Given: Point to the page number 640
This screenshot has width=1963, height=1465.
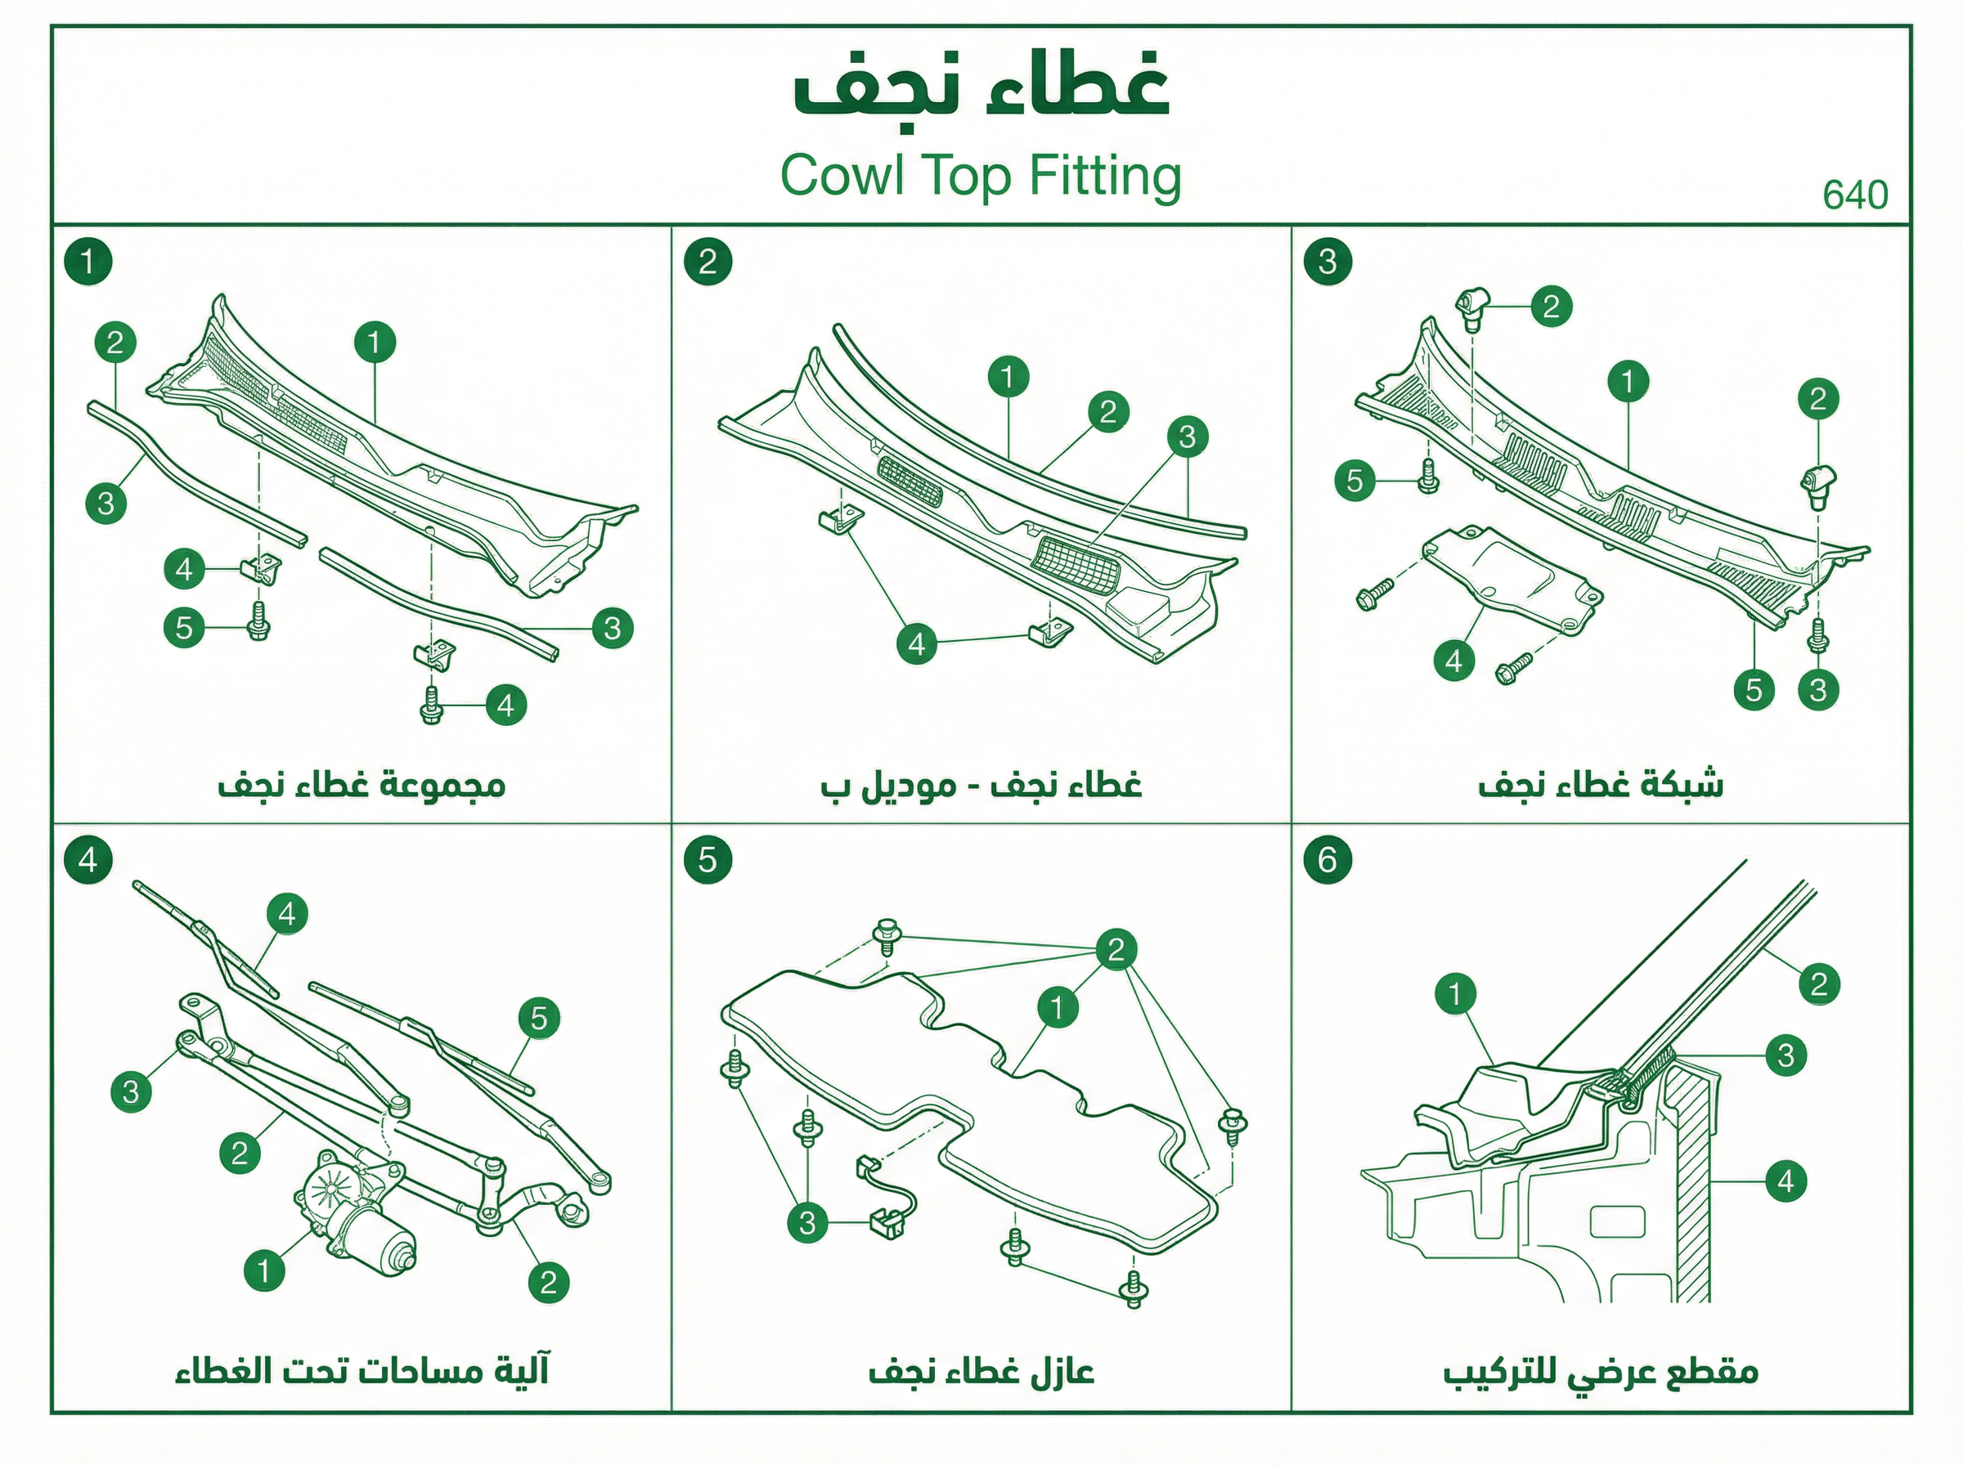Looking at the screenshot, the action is pos(1855,195).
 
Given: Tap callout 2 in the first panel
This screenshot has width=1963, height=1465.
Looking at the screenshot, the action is pos(115,343).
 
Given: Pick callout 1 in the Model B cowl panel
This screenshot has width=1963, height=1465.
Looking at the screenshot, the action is pos(1008,377).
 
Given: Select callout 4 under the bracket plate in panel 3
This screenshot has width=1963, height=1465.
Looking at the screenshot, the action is pos(1453,661).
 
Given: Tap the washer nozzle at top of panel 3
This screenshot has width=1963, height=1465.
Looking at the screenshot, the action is pos(1472,307).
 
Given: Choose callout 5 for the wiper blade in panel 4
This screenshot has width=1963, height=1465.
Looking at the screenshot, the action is pos(539,1018).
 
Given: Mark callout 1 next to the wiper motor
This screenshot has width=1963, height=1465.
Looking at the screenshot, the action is pos(264,1270).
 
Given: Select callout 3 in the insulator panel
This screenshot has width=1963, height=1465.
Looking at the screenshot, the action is pos(807,1224).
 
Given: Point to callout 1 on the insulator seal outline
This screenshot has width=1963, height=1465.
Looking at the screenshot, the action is pos(1058,1007).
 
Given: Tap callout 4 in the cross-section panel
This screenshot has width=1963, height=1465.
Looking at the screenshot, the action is pos(1786,1181).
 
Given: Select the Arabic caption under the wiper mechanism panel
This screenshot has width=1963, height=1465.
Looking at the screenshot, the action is pos(362,1371).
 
